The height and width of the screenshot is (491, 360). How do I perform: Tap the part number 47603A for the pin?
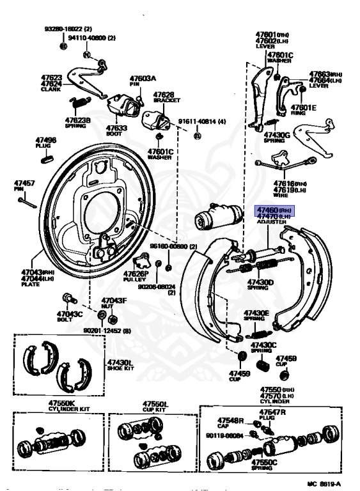point(143,77)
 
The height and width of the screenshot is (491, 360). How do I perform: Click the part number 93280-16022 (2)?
point(68,29)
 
